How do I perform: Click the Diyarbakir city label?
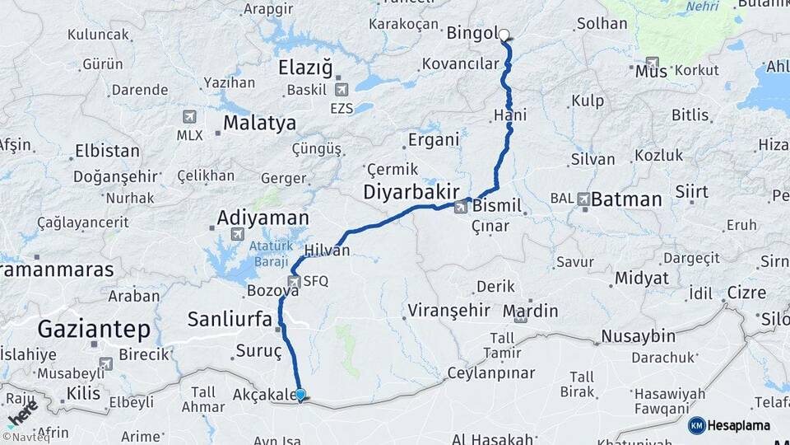(411, 192)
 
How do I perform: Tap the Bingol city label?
(472, 34)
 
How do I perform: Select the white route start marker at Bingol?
(504, 35)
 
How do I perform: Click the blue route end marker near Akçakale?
(300, 396)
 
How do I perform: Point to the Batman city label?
(626, 199)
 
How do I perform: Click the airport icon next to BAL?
(583, 199)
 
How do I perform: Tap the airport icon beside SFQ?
(292, 281)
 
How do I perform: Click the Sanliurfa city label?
(235, 319)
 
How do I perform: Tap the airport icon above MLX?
(190, 117)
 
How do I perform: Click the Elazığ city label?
(305, 67)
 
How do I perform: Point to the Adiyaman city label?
(263, 218)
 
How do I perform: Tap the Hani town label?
(510, 115)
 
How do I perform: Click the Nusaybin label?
(638, 336)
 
